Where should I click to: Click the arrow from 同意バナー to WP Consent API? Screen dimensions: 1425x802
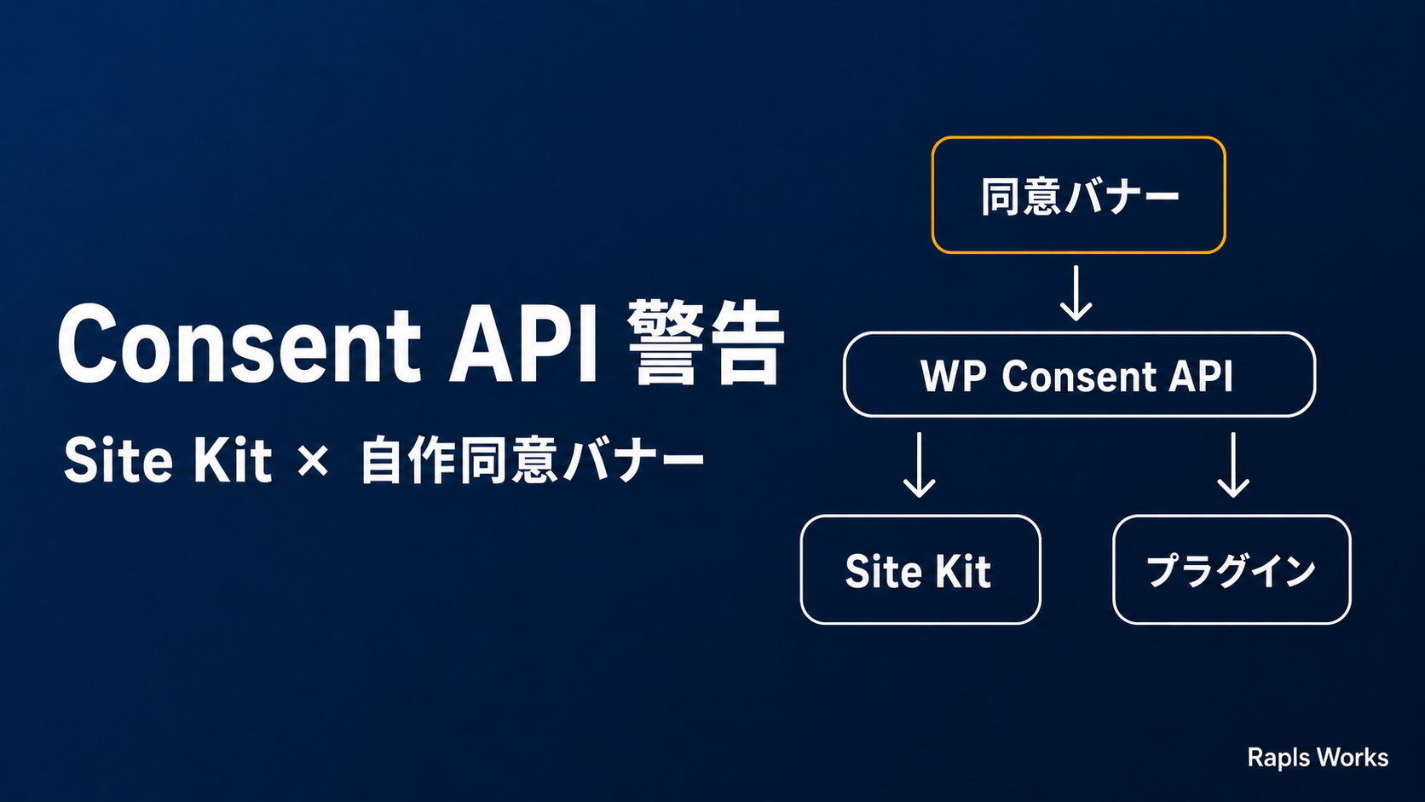(1076, 293)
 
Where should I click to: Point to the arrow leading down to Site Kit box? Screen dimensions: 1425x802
(920, 464)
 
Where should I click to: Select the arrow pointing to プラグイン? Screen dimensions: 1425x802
(1233, 464)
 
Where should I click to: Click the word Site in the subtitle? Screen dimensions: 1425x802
(118, 460)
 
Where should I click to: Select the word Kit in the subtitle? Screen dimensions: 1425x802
(233, 460)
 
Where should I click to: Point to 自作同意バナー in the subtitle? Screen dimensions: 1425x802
(533, 460)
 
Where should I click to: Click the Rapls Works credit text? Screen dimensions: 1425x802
(1318, 758)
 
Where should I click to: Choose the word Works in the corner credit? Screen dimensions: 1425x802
(1353, 758)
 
